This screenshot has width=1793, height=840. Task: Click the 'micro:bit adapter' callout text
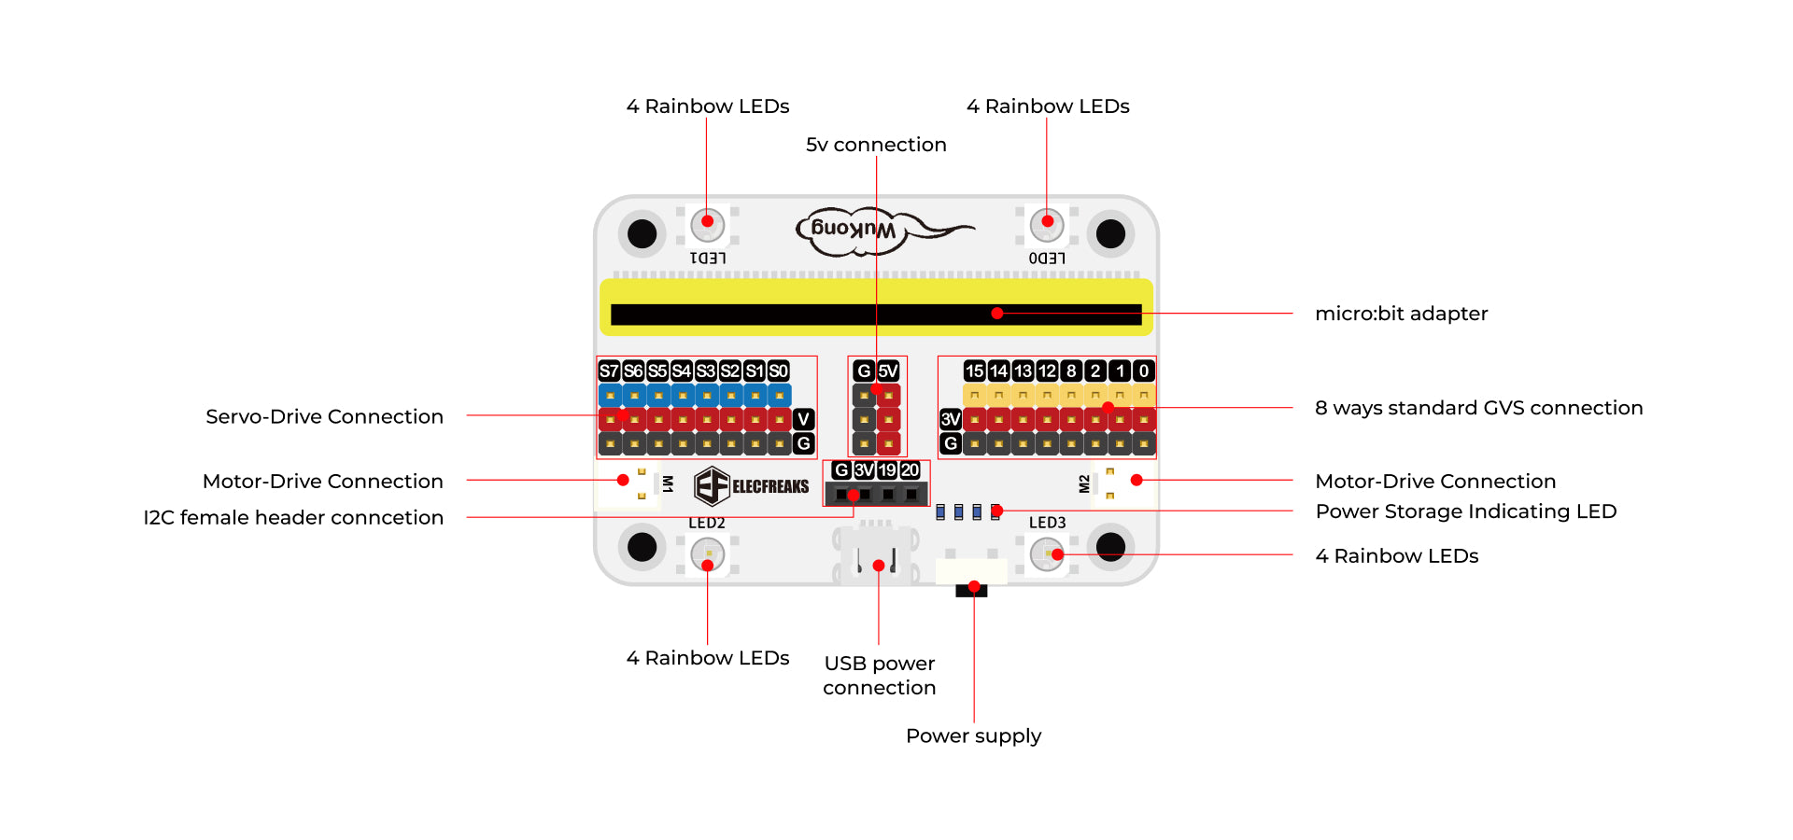[1401, 314]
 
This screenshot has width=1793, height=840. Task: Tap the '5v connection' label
[876, 145]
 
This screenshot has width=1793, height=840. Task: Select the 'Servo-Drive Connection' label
[324, 416]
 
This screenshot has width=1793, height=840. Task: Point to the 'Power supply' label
[973, 735]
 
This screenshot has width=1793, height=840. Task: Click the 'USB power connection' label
[879, 675]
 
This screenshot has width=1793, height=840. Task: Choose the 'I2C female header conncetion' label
[293, 517]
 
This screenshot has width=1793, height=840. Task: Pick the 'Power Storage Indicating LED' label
[1465, 511]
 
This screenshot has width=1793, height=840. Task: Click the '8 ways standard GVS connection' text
[1478, 408]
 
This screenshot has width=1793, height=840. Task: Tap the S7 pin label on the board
[609, 371]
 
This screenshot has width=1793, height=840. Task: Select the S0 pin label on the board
[779, 371]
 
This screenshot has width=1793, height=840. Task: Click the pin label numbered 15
[974, 371]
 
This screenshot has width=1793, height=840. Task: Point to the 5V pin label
[888, 371]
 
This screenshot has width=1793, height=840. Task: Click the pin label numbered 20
[911, 470]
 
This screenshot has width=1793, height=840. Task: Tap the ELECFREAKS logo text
[769, 486]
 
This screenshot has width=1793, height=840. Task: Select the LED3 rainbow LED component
[1047, 555]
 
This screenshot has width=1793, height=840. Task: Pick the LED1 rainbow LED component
[707, 224]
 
